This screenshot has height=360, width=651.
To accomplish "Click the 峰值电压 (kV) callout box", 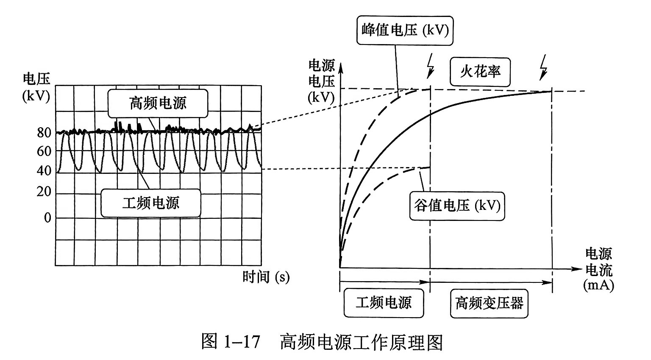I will (x=405, y=31).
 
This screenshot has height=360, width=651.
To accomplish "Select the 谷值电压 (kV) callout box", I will (x=457, y=206).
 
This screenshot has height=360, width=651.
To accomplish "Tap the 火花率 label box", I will (x=480, y=71).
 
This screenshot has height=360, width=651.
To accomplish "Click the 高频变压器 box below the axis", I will (x=489, y=303).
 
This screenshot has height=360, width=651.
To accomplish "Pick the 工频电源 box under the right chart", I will (x=384, y=303).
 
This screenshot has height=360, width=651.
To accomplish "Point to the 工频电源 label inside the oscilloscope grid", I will (x=150, y=203).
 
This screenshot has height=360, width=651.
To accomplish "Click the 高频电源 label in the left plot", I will (x=158, y=103).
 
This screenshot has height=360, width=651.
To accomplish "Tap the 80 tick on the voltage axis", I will (x=44, y=133).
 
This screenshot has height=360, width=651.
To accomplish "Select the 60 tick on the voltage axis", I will (x=44, y=151).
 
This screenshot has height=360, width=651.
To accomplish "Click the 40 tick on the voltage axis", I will (x=44, y=171).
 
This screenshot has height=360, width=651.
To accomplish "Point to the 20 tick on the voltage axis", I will (x=44, y=192).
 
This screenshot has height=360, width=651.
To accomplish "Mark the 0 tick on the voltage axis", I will (x=47, y=218).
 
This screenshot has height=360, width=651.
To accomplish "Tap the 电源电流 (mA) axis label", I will (x=598, y=269).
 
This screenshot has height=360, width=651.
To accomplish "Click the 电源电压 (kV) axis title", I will (x=321, y=81).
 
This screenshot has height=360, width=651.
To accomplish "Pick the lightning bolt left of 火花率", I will (x=431, y=66).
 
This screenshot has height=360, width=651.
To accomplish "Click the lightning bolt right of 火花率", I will (x=543, y=67).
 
